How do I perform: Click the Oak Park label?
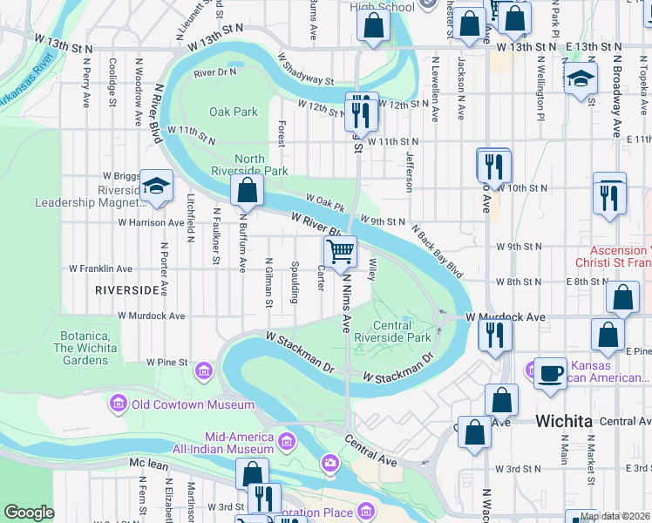234,112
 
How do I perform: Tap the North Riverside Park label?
249,165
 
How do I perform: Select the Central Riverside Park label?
403,331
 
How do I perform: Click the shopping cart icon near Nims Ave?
340,251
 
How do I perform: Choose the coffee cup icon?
550,373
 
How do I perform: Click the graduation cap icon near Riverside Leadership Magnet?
156,186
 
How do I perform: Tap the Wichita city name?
564,421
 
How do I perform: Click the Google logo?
29,513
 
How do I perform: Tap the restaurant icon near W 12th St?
358,111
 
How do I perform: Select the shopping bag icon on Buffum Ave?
248,190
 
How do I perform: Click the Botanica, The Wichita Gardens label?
96,343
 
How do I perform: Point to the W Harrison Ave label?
152,222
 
